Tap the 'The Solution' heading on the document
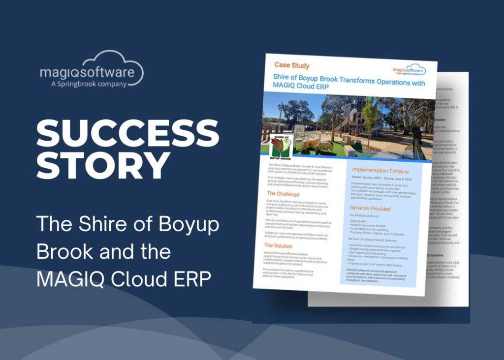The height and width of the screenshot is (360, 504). (278, 245)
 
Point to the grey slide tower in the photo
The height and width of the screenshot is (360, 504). (350, 116)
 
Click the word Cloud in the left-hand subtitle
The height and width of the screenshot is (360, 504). (141, 279)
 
